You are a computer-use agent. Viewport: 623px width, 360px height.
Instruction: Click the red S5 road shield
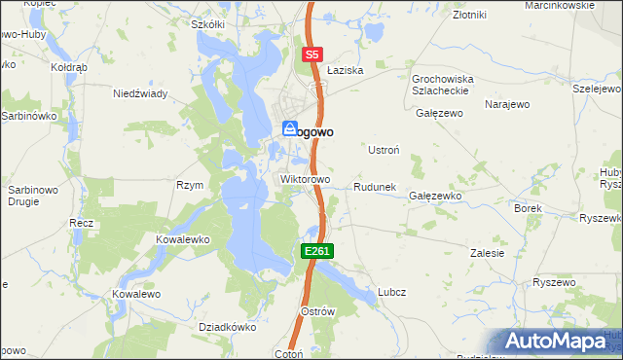(x=311, y=55)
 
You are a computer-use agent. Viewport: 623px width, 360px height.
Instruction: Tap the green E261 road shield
(x=317, y=251)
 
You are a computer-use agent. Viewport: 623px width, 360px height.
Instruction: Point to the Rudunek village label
(x=374, y=187)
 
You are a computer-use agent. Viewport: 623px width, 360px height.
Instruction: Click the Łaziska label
(x=345, y=71)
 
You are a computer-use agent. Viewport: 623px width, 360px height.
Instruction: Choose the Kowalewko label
(x=184, y=238)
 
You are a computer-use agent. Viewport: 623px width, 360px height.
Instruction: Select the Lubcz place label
(x=391, y=291)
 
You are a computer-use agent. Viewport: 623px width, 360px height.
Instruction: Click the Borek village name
(x=527, y=208)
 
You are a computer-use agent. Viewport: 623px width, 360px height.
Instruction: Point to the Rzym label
(x=189, y=185)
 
